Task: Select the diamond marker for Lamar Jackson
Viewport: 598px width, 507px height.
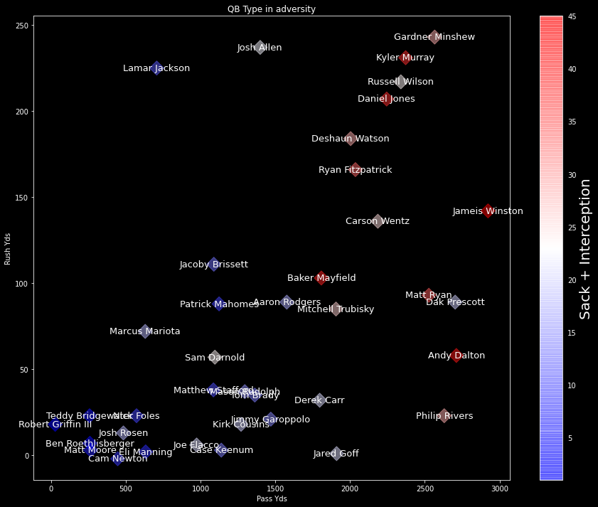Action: pos(157,68)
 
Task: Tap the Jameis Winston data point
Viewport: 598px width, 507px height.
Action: pos(488,211)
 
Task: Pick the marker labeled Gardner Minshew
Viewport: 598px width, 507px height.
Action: pos(434,37)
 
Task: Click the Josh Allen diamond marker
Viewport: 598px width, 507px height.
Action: pos(260,48)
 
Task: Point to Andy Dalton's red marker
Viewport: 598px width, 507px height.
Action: pos(456,356)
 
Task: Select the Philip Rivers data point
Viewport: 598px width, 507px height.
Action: pos(444,416)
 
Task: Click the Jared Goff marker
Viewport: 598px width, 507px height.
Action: pos(336,454)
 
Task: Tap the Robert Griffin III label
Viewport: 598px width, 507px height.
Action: pos(55,425)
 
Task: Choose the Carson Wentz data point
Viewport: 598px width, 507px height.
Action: pos(378,221)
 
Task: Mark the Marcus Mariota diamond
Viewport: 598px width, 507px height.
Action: pos(145,331)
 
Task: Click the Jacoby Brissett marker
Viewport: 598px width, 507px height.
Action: pos(213,265)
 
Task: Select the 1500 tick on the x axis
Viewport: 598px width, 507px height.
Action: pos(275,488)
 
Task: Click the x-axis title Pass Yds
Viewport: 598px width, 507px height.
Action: pos(271,499)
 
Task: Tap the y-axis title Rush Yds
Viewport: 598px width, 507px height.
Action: pos(8,248)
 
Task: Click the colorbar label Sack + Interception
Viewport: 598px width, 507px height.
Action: pos(584,249)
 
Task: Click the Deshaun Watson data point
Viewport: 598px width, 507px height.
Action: pos(351,139)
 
